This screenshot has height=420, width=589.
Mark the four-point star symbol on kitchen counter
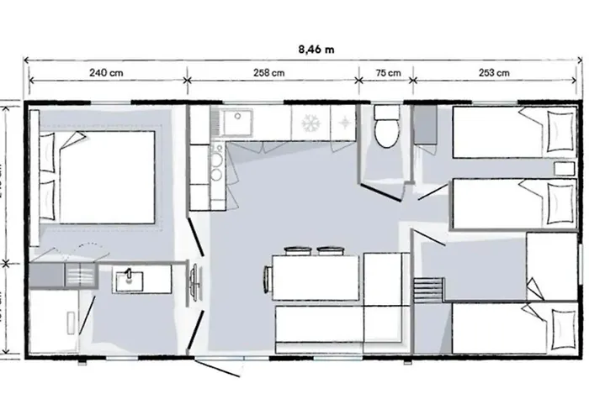pos(344,123)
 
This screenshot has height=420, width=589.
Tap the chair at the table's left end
pos(267,276)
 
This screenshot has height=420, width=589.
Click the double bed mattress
pos(108,176)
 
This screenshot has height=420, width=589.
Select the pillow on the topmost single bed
pos(558,131)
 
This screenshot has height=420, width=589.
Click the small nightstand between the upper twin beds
pos(561,168)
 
